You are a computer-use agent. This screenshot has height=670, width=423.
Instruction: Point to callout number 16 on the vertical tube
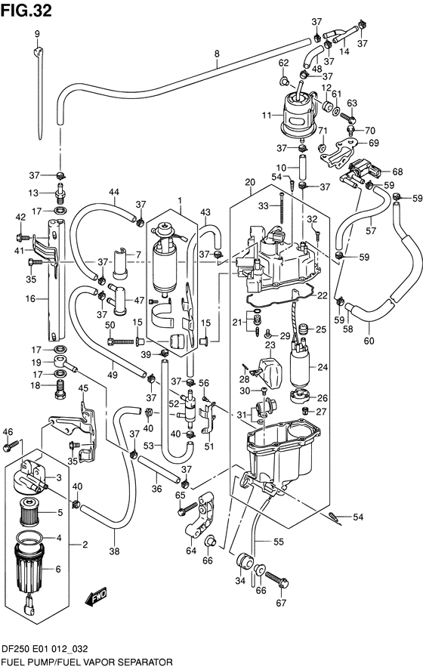pos(31,299)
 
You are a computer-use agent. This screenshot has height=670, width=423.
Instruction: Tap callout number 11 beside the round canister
pos(265,116)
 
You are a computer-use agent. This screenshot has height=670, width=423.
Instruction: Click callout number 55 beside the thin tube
pos(279,542)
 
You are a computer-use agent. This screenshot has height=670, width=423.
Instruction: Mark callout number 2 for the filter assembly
pos(85,543)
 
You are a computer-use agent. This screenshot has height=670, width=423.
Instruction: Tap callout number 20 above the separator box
pos(249,182)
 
